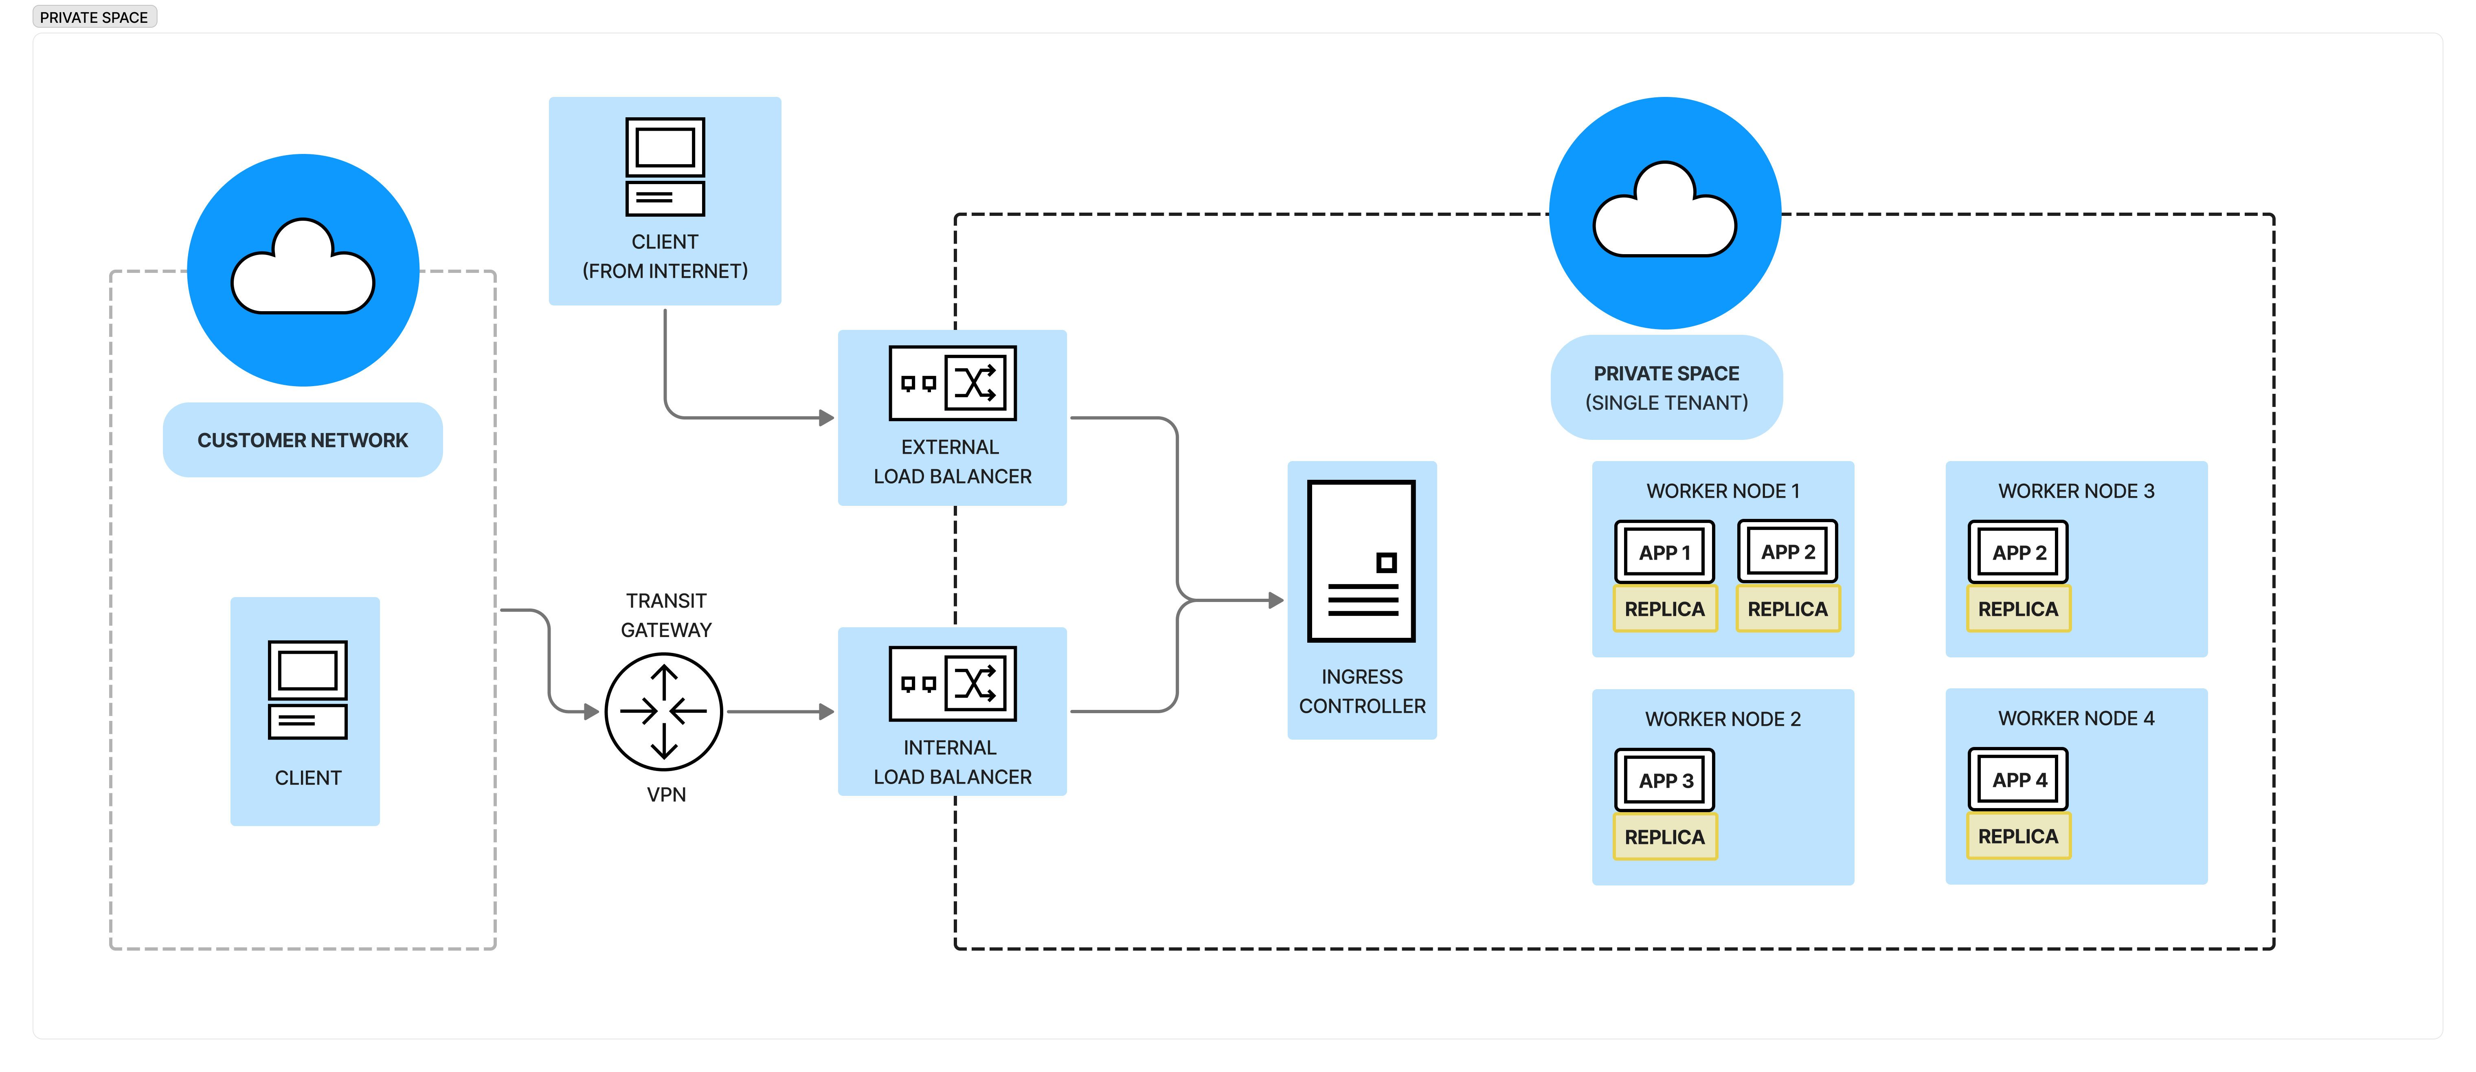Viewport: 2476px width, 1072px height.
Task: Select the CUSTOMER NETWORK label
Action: coord(303,440)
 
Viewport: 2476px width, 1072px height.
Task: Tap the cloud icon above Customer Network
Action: coord(303,269)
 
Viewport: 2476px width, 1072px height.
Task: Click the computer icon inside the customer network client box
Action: coord(307,690)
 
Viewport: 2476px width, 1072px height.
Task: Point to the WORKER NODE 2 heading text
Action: coord(1723,719)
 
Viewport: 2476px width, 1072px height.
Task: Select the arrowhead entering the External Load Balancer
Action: coord(825,418)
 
